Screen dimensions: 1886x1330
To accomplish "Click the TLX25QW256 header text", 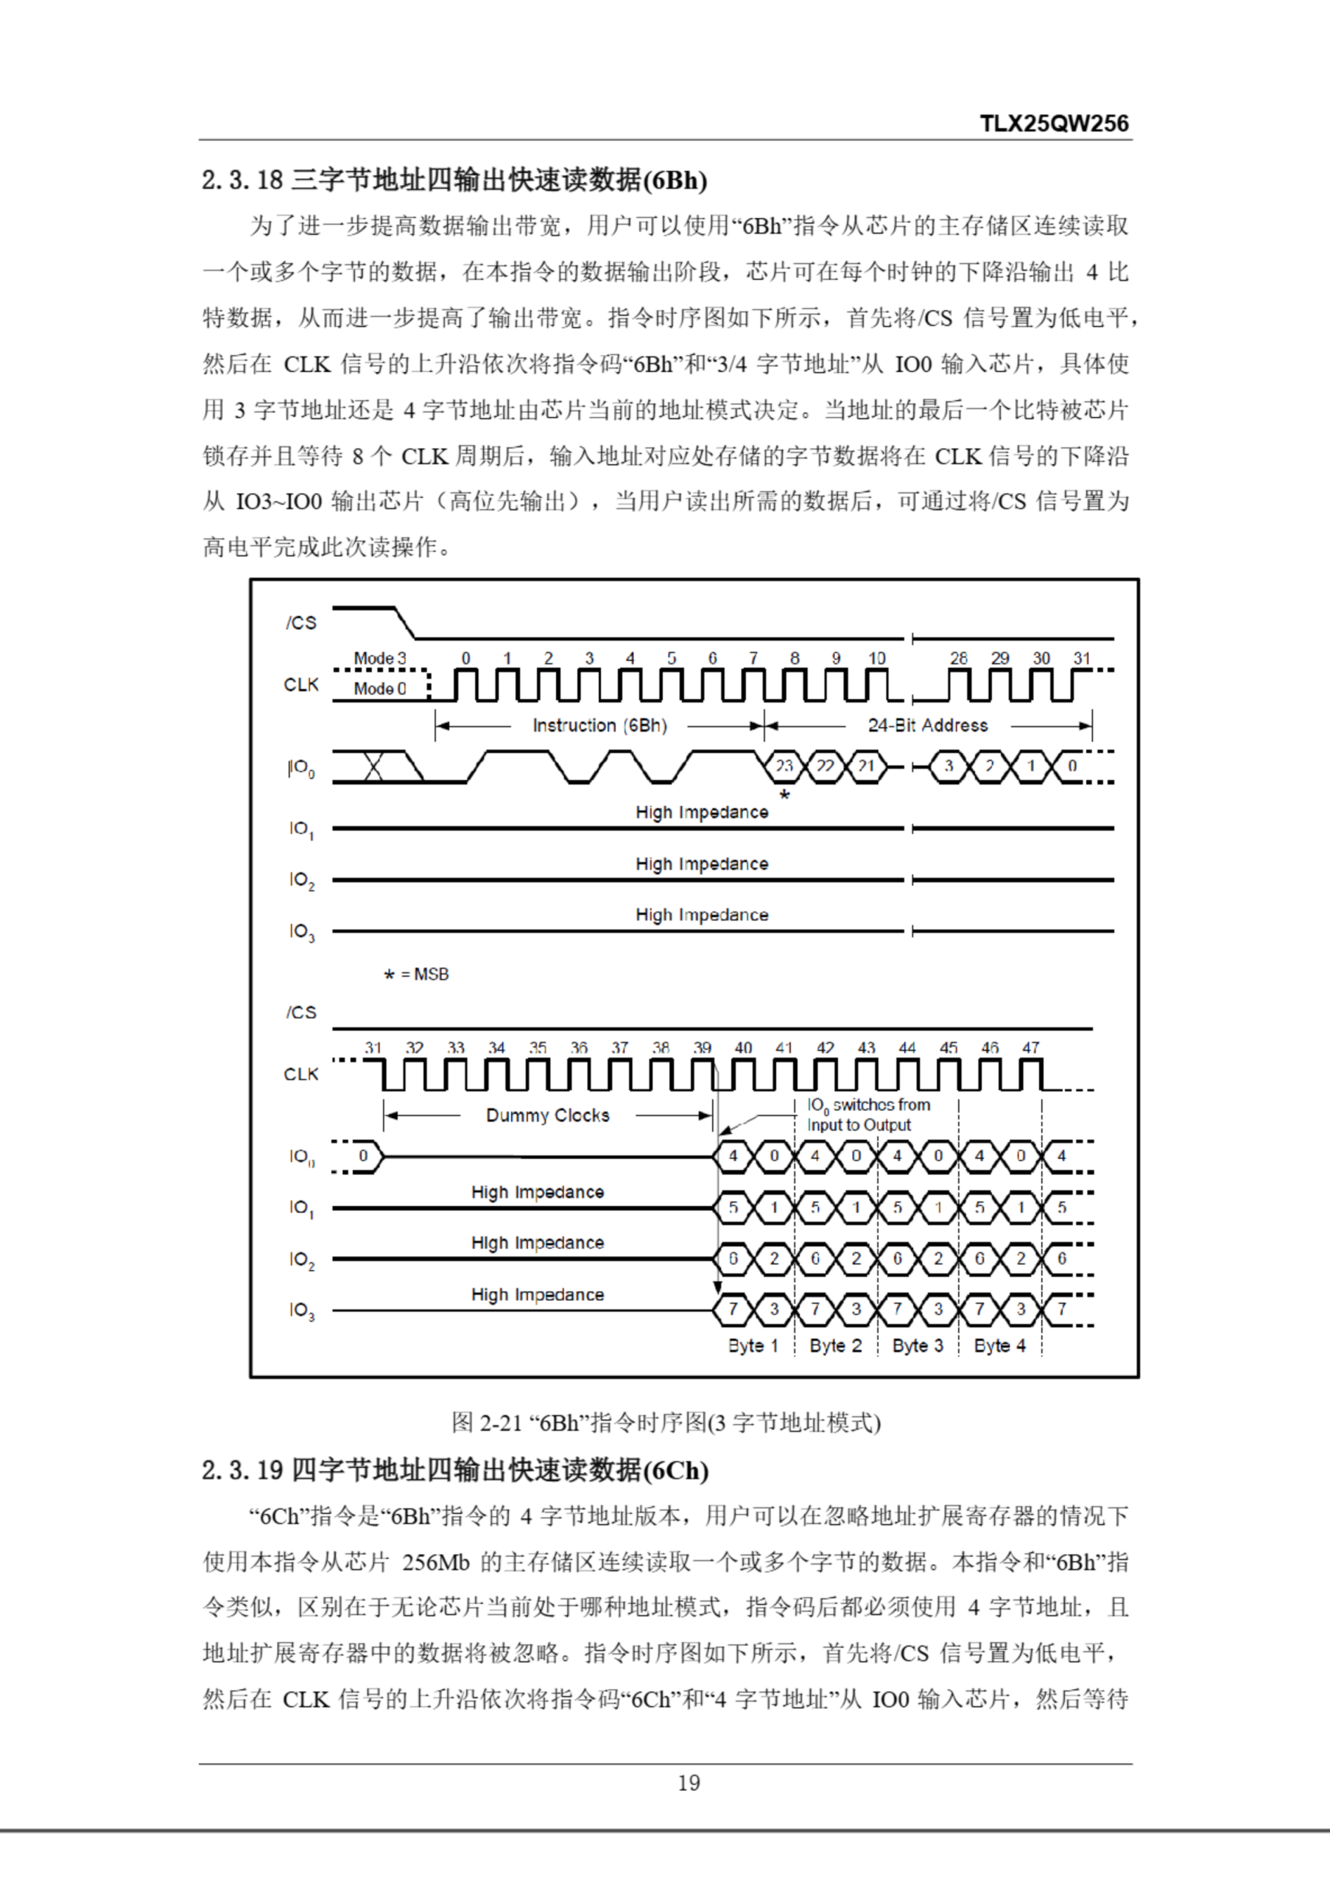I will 1054,124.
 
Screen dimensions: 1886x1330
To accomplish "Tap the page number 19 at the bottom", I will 689,1783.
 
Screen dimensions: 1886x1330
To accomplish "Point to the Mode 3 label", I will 379,658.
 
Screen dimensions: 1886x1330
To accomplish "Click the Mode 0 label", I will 379,688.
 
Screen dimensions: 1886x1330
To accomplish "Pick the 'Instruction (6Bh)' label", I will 599,726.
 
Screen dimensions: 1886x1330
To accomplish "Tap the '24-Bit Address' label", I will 928,726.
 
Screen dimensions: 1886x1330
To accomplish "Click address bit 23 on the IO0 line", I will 784,766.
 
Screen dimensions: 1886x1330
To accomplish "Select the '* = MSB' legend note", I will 416,974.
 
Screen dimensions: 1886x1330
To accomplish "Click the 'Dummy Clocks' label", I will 548,1115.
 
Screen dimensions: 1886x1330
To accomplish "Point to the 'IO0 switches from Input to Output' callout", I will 868,1115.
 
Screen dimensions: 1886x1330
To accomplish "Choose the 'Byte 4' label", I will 999,1345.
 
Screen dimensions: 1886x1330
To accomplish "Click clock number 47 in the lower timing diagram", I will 1030,1048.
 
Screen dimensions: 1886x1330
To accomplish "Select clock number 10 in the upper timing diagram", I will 877,658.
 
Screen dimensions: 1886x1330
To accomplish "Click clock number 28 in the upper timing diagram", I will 958,658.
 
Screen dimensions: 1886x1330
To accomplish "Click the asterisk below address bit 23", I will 785,794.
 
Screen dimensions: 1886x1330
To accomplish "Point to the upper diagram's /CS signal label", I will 301,623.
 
